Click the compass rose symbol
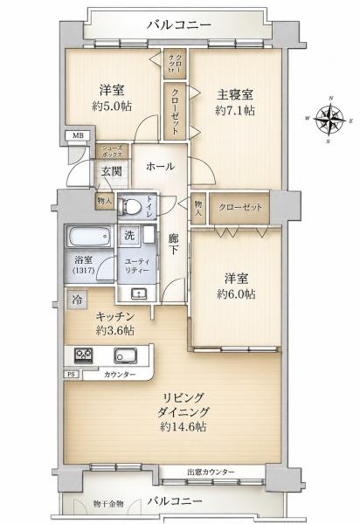tap(329, 120)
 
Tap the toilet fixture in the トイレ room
tap(131, 206)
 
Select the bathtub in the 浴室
tap(89, 236)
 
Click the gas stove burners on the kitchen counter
tap(83, 355)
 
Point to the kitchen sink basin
tap(125, 355)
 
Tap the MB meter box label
tap(77, 135)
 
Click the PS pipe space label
tap(72, 375)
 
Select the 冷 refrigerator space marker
tap(77, 300)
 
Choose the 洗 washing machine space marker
tap(129, 235)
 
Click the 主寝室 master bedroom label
tap(235, 94)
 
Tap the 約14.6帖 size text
tap(183, 427)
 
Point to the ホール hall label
tap(160, 166)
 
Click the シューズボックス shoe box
tap(112, 151)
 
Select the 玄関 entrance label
tap(111, 171)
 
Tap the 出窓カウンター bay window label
tap(211, 472)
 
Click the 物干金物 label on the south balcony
tap(108, 504)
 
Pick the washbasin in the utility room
tap(138, 293)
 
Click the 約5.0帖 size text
tap(112, 107)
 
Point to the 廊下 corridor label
tap(173, 244)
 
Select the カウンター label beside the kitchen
tap(120, 375)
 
